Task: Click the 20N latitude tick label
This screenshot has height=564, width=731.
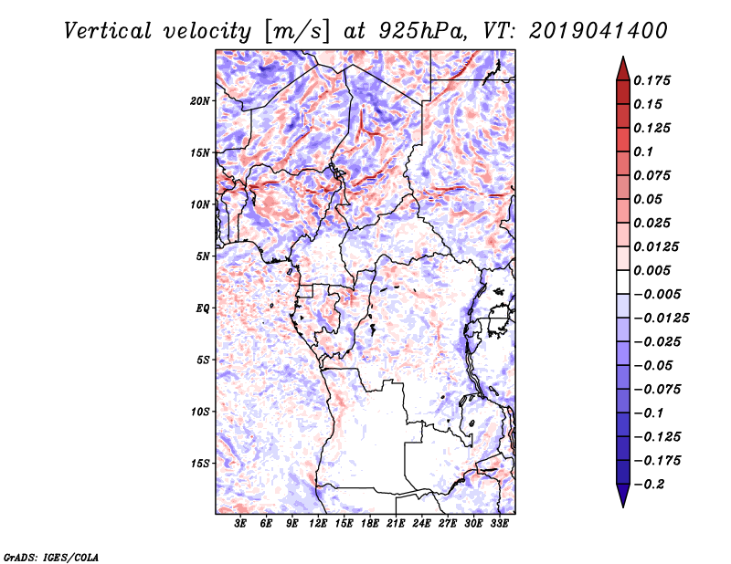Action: pyautogui.click(x=200, y=101)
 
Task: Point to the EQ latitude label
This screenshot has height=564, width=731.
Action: pyautogui.click(x=203, y=308)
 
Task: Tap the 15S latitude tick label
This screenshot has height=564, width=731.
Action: pyautogui.click(x=200, y=464)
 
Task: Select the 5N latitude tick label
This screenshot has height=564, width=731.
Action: pyautogui.click(x=203, y=256)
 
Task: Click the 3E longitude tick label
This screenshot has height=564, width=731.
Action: pyautogui.click(x=240, y=524)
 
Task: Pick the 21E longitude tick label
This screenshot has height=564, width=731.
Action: pyautogui.click(x=396, y=524)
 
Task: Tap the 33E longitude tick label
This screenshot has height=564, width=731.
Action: pyautogui.click(x=499, y=524)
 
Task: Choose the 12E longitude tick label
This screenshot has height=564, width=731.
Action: pyautogui.click(x=318, y=524)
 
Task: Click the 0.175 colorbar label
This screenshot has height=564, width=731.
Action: pyautogui.click(x=652, y=80)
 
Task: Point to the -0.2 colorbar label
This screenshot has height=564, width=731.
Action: pyautogui.click(x=649, y=485)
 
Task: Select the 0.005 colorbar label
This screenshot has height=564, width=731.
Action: pyautogui.click(x=652, y=270)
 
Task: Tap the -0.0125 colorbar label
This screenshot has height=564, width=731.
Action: pyautogui.click(x=661, y=319)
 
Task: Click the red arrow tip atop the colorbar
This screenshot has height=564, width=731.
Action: pyautogui.click(x=623, y=57)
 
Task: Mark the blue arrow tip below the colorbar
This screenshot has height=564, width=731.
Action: pyautogui.click(x=623, y=507)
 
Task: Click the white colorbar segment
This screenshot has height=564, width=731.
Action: pyautogui.click(x=623, y=282)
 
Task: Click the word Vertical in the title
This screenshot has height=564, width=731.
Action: pyautogui.click(x=108, y=31)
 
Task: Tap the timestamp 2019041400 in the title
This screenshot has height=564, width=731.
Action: pyautogui.click(x=599, y=31)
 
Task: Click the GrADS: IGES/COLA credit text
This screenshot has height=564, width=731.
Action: pyautogui.click(x=51, y=558)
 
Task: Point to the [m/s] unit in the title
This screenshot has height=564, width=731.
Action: pyautogui.click(x=296, y=32)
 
